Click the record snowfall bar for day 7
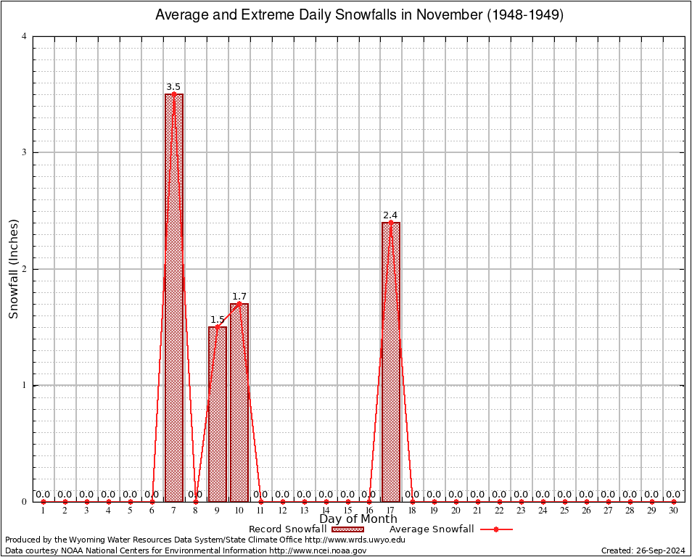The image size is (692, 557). click(173, 297)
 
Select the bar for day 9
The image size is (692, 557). click(217, 413)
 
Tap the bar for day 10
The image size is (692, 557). click(239, 403)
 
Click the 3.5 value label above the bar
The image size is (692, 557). click(173, 87)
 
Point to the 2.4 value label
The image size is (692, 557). click(390, 215)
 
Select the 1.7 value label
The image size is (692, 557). click(239, 297)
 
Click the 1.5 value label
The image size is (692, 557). click(218, 320)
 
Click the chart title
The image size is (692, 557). click(359, 15)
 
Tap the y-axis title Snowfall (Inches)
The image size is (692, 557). click(13, 268)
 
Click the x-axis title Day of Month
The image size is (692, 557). click(358, 519)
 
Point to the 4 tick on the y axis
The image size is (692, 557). click(25, 36)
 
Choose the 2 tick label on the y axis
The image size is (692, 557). click(25, 269)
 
